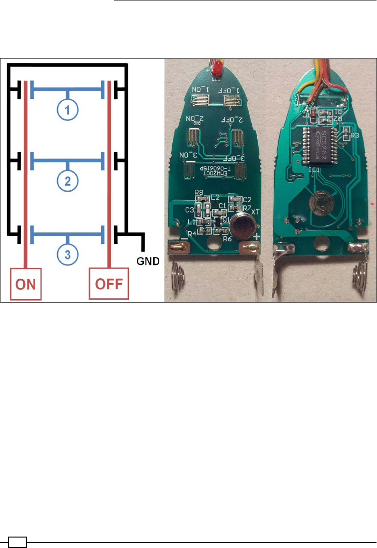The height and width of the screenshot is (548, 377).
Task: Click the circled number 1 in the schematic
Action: coord(68,110)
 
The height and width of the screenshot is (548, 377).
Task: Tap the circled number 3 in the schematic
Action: coord(68,254)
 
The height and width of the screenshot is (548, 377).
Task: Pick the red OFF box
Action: coord(109,284)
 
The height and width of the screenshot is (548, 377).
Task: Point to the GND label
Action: coord(148,261)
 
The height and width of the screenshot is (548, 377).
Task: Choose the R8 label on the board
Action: coord(199,193)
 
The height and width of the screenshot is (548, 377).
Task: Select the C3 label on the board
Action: coord(189,209)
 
